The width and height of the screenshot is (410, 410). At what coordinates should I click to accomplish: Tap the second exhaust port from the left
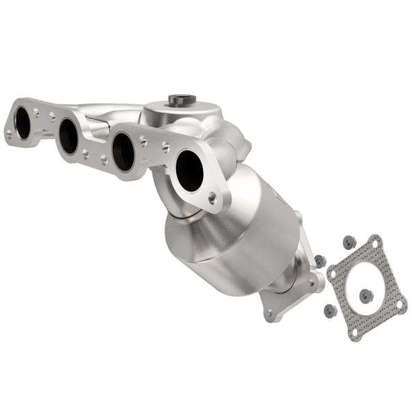pyautogui.click(x=68, y=137)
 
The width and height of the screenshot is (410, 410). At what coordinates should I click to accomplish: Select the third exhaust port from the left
pyautogui.click(x=124, y=152)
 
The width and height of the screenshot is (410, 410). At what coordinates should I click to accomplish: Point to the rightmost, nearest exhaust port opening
pyautogui.click(x=189, y=170)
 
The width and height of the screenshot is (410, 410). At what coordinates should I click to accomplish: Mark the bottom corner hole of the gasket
pyautogui.click(x=355, y=333)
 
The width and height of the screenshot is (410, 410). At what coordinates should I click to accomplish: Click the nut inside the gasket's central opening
pyautogui.click(x=366, y=295)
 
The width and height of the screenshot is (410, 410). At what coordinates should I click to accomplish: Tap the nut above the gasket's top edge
pyautogui.click(x=348, y=241)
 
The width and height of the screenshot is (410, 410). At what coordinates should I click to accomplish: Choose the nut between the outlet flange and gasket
pyautogui.click(x=319, y=260)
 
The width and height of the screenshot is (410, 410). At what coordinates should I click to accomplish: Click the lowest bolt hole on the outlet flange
pyautogui.click(x=270, y=314)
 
